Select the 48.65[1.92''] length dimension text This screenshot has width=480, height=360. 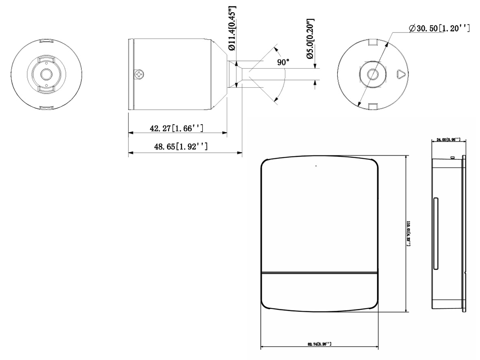181,146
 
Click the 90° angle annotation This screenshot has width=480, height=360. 284,63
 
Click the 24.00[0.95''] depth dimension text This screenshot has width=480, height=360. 448,140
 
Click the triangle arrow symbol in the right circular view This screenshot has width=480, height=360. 400,74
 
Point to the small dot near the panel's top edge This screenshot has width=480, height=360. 316,165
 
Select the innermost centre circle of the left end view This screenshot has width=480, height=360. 46,75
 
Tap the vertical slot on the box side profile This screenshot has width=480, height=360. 435,234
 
